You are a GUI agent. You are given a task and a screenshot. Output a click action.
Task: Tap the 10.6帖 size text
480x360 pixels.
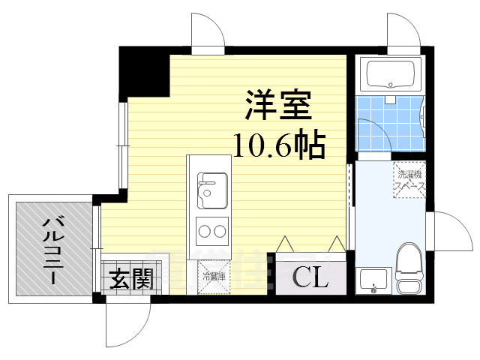pos(277,144)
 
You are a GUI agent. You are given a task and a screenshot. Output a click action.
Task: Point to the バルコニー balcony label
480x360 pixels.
pos(52,248)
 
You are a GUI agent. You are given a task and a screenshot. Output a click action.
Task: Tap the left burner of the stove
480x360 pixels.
pos(203,229)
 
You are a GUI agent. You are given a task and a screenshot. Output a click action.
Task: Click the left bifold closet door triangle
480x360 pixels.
pos(286,244)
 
